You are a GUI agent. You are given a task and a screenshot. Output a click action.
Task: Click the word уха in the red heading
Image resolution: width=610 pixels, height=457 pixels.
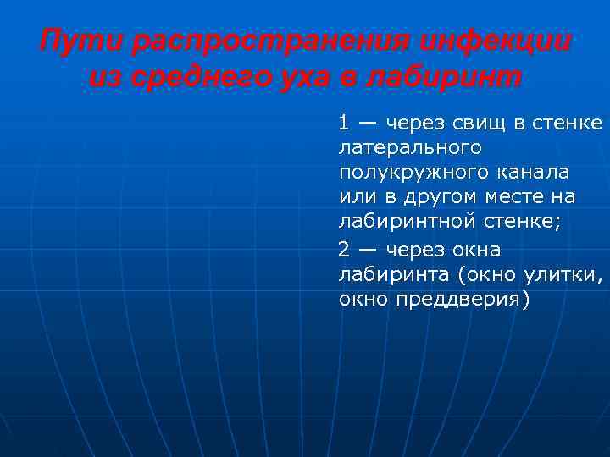pos(309,78)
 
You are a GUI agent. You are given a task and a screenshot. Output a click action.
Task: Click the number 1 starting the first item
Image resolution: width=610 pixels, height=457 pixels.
pos(343,124)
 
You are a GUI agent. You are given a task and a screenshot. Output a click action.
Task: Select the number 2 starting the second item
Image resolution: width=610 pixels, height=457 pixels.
pos(343,251)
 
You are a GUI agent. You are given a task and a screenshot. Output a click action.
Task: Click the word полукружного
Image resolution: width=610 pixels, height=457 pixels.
pos(410,173)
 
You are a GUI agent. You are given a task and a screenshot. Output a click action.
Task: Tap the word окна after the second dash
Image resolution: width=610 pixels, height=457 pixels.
pos(474,251)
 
